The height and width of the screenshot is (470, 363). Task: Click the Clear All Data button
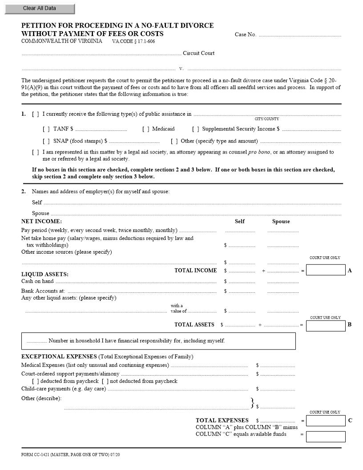pos(40,8)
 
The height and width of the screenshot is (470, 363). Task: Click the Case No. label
pos(245,35)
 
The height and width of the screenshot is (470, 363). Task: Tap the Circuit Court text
pos(198,53)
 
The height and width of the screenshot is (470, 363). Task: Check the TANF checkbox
pos(46,129)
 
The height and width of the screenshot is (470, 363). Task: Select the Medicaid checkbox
pos(146,129)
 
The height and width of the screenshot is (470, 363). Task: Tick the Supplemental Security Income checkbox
pos(196,129)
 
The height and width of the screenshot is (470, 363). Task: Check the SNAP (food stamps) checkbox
pos(46,141)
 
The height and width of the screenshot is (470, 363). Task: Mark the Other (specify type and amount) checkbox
pos(174,141)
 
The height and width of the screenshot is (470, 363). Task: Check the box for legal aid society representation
pos(36,152)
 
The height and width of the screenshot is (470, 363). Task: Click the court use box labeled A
pos(326,270)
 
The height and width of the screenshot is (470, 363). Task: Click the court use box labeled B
pos(326,326)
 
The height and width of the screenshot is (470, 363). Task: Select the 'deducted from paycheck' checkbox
pos(36,381)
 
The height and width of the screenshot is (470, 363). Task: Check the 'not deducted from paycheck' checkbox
pos(105,381)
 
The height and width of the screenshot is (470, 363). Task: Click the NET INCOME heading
pos(41,221)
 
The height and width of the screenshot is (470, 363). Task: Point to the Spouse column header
pos(281,221)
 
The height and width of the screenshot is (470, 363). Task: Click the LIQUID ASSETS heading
pos(45,274)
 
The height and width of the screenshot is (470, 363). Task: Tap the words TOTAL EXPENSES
pos(222,420)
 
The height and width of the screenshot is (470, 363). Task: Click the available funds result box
pos(326,436)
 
